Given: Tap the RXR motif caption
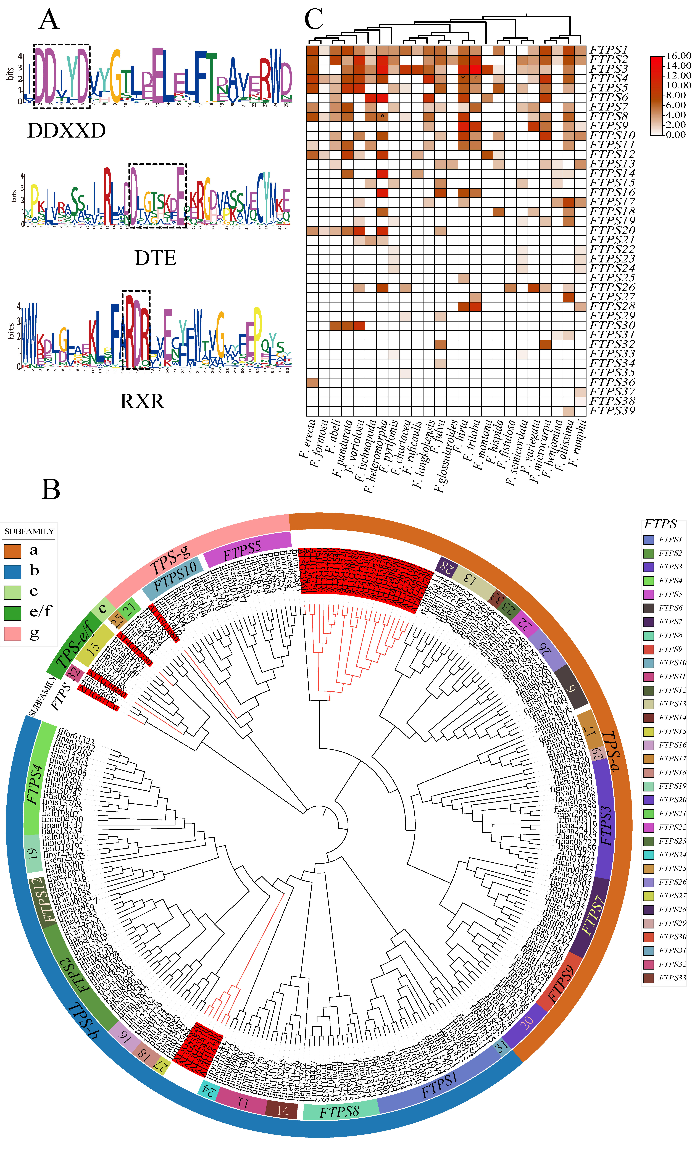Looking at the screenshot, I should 142,401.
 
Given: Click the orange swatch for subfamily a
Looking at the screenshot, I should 13,551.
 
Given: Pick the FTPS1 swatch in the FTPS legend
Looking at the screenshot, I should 649,539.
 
